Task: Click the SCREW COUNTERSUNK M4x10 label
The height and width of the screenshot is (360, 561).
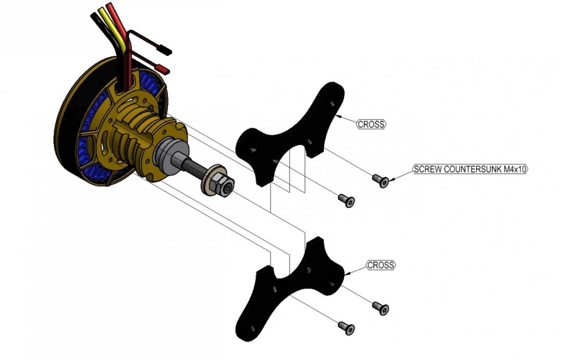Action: tap(470, 169)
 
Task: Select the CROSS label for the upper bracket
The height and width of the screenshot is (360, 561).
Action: tap(372, 124)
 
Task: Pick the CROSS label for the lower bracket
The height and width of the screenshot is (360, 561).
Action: tap(381, 265)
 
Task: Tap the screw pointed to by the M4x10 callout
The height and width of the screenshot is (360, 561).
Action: tap(380, 180)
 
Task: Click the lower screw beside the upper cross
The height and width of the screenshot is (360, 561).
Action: tap(346, 200)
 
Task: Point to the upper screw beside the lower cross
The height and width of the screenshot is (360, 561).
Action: tap(381, 308)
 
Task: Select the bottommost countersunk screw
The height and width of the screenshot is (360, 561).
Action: tap(346, 327)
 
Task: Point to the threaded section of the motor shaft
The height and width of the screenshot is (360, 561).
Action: tap(196, 167)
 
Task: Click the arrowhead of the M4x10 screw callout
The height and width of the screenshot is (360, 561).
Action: tap(392, 178)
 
